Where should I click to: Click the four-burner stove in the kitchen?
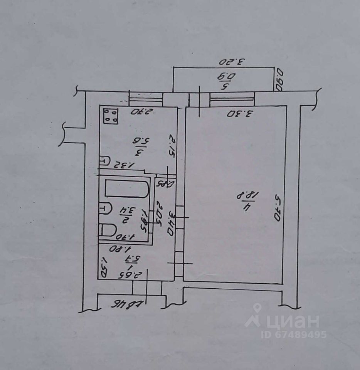[x=111, y=116]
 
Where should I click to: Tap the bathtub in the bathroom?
[x=126, y=189]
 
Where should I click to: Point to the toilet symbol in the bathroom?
[x=108, y=230]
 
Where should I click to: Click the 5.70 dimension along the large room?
[x=277, y=207]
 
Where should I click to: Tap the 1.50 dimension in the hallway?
[x=103, y=268]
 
